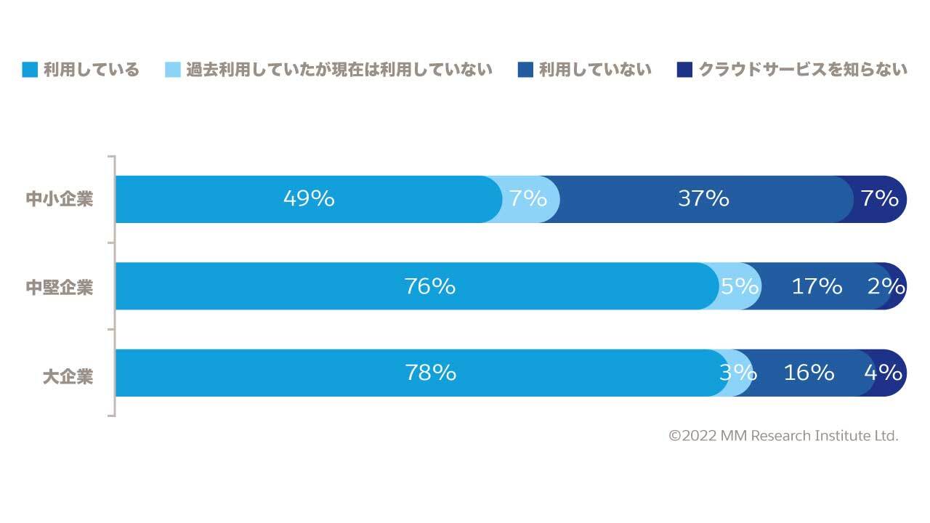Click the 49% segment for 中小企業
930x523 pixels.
pyautogui.click(x=309, y=199)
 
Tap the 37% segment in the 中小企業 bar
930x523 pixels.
pyautogui.click(x=703, y=199)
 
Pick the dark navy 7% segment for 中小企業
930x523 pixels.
pyautogui.click(x=881, y=199)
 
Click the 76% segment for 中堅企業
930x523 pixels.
pyautogui.click(x=429, y=286)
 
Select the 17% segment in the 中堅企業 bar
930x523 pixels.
pyautogui.click(x=817, y=286)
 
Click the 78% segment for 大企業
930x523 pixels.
pyautogui.click(x=430, y=373)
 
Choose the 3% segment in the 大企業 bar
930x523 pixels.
pyautogui.click(x=738, y=373)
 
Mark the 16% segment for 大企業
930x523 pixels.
pyautogui.click(x=809, y=373)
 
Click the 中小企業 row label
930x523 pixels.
pyautogui.click(x=60, y=199)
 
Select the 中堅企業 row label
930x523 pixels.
pyautogui.click(x=60, y=287)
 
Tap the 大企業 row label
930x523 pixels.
pyautogui.click(x=68, y=376)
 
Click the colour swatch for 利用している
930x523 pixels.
pyautogui.click(x=30, y=70)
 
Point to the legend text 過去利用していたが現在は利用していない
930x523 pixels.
pyautogui.click(x=339, y=70)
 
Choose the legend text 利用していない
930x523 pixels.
pyautogui.click(x=595, y=70)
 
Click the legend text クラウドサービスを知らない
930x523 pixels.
pyautogui.click(x=803, y=70)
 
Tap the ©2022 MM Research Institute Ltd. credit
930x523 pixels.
pyautogui.click(x=783, y=436)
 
